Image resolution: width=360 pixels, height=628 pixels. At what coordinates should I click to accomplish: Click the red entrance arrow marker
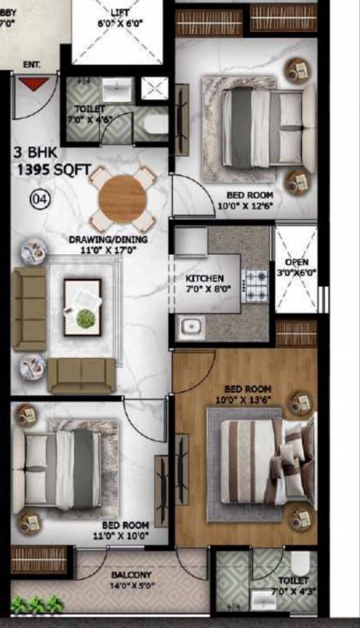point(33,83)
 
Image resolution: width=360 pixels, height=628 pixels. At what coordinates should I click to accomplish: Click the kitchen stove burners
point(256,285)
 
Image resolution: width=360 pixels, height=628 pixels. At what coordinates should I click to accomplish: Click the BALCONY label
point(131,580)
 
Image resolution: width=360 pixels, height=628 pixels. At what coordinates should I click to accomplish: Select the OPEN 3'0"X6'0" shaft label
point(295,267)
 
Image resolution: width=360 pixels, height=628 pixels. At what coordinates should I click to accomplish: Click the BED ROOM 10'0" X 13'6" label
point(243,394)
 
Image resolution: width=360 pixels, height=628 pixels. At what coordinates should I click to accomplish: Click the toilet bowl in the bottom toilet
point(300,563)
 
